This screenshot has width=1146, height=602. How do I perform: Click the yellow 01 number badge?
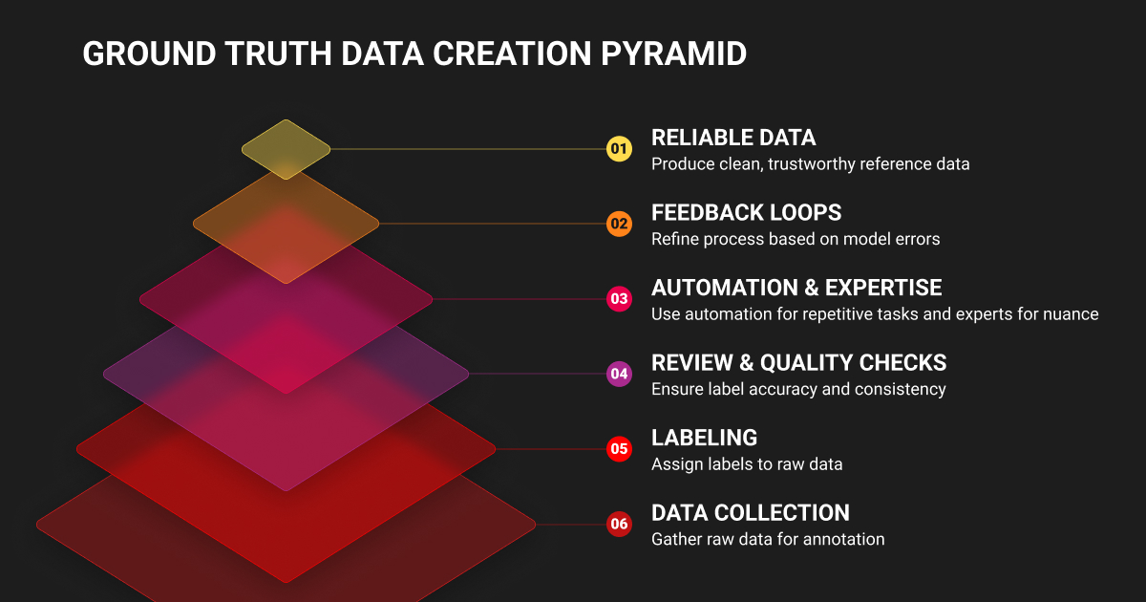click(x=619, y=149)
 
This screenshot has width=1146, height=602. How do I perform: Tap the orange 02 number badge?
click(x=619, y=224)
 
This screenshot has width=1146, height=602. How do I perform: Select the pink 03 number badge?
click(x=619, y=299)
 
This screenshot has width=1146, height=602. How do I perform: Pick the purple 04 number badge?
click(x=619, y=374)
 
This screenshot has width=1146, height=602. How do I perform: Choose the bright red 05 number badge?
click(x=619, y=449)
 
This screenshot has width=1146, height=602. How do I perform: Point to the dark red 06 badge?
click(x=619, y=525)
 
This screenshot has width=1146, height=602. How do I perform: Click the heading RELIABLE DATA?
click(x=733, y=138)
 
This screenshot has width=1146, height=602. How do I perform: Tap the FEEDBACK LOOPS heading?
click(x=747, y=213)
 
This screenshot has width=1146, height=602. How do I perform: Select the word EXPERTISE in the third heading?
click(x=883, y=288)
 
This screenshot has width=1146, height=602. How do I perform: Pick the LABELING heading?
click(x=705, y=438)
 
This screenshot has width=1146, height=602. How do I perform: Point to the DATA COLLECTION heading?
click(x=751, y=513)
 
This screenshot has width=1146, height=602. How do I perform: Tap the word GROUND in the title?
click(x=149, y=54)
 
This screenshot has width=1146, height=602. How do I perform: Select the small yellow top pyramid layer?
click(x=286, y=149)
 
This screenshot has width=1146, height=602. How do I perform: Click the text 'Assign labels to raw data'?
click(x=747, y=464)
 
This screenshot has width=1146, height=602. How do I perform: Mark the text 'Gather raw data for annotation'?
click(x=768, y=539)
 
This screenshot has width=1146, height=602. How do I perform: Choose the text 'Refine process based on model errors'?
click(x=796, y=239)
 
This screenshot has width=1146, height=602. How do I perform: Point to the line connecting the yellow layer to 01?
click(x=469, y=149)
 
